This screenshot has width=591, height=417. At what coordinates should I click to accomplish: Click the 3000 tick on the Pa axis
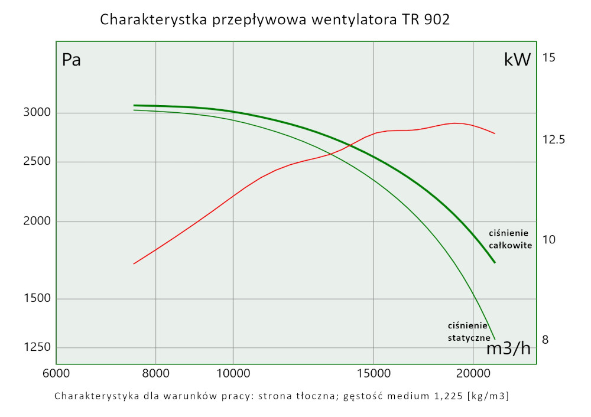pos(37,112)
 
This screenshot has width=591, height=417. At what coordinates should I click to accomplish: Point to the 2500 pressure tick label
pos(37,162)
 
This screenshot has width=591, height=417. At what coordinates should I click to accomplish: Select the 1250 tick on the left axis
pos(37,347)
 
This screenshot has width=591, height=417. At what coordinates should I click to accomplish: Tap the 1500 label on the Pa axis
pos(37,299)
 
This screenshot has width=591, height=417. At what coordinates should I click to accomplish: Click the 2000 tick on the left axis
pos(37,221)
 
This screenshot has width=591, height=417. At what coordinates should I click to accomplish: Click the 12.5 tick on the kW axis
pos(554,140)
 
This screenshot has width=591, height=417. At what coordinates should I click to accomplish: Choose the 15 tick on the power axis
pos(549,58)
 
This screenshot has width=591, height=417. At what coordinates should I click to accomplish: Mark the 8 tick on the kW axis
pos(545,340)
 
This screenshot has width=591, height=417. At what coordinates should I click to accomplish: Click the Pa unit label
pos(72,60)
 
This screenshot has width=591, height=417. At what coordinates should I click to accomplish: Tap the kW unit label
pos(518,59)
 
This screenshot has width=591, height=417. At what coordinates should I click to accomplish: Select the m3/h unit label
pos(508,348)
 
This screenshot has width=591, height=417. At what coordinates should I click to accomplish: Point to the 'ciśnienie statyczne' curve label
pos(468,331)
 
